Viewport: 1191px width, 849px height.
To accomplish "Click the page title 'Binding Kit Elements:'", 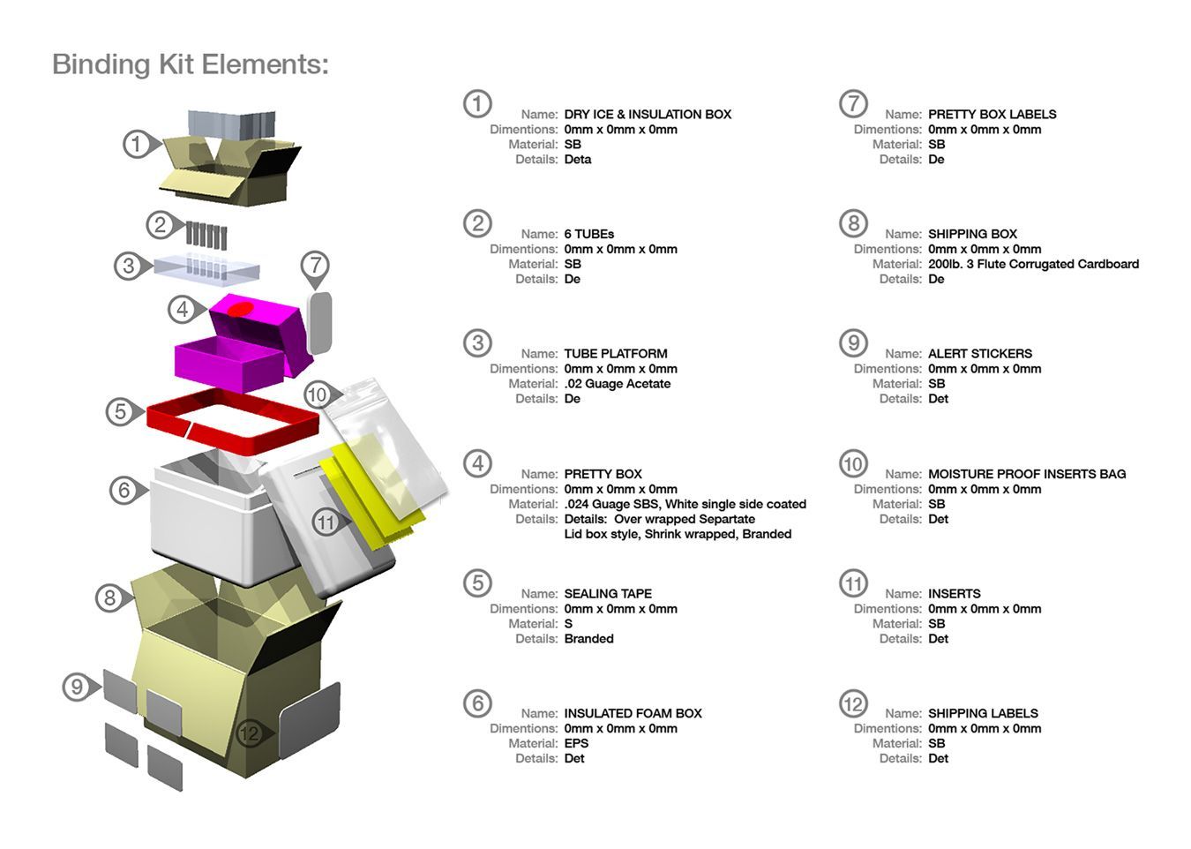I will click(190, 64).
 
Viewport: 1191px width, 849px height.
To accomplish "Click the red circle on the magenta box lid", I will click(241, 310).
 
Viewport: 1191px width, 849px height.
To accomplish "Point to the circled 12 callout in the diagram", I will click(251, 733).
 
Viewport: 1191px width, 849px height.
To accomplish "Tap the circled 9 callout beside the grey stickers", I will click(78, 687).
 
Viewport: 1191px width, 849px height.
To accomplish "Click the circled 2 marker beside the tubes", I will click(161, 225).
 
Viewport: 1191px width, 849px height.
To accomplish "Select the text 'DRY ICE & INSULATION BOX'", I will click(648, 115).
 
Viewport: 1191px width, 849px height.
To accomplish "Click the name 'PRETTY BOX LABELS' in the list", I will click(992, 115).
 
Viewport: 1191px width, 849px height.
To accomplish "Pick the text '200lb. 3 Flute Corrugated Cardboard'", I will click(1033, 264).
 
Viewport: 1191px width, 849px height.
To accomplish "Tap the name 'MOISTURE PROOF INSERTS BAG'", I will click(1027, 474).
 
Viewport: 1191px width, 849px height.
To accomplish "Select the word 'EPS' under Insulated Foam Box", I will click(576, 743).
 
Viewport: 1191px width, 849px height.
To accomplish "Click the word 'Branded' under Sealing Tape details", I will click(588, 639).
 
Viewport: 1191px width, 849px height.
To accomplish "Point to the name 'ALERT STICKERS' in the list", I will click(979, 354).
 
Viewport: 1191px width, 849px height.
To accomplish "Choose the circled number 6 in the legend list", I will click(477, 703).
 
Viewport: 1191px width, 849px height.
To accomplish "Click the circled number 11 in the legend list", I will click(853, 583).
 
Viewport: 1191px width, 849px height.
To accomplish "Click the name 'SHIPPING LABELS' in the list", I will click(983, 713).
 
